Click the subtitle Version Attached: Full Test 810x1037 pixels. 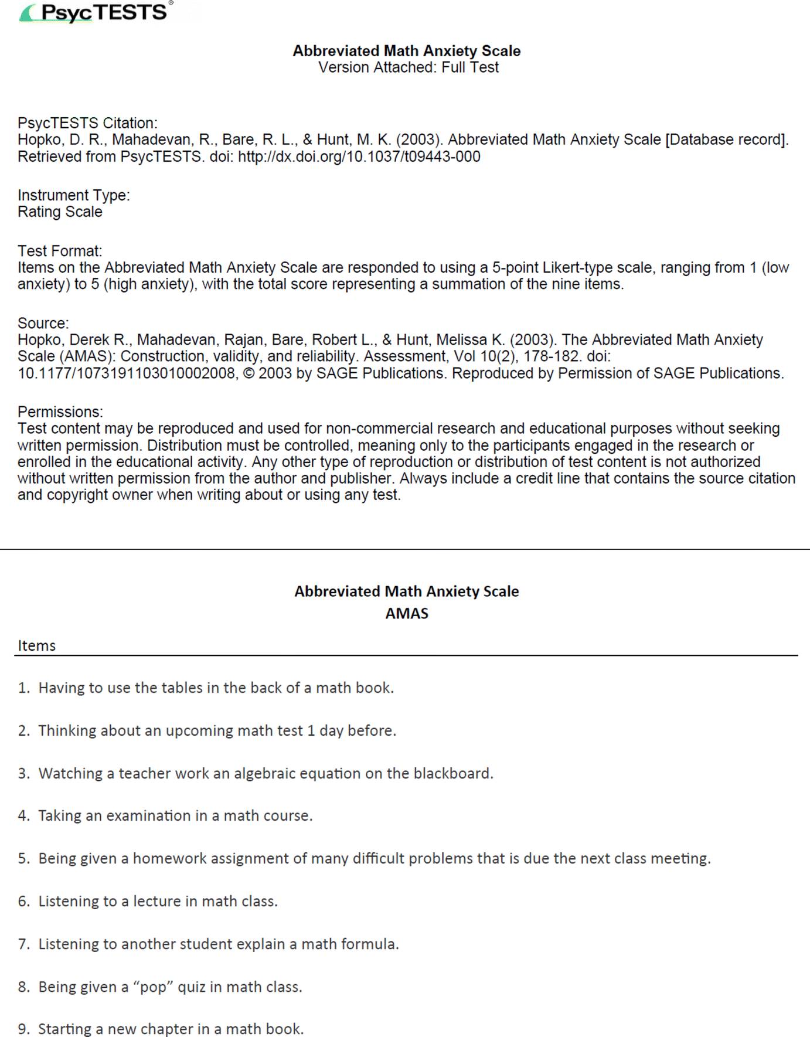click(x=408, y=67)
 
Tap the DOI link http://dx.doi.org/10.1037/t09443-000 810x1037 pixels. click(x=359, y=157)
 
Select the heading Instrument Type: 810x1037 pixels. click(x=74, y=195)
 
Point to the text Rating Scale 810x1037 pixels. click(x=60, y=212)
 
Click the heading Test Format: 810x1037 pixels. click(x=60, y=251)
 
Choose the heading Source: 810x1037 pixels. click(x=43, y=323)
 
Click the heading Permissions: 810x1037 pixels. click(x=60, y=412)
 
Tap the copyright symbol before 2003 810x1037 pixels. click(x=248, y=373)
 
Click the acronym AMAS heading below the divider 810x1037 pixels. click(x=407, y=613)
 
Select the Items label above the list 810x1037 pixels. click(x=36, y=645)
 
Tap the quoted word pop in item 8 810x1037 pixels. click(x=153, y=987)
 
